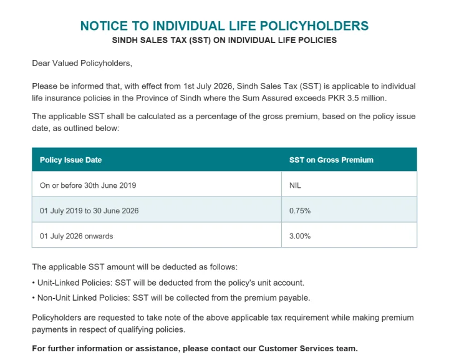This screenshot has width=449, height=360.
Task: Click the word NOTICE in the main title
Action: [104, 26]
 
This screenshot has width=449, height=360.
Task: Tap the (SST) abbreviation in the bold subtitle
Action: [200, 40]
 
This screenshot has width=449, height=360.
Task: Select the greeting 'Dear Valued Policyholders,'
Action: [82, 63]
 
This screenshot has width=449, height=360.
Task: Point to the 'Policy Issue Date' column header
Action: [70, 160]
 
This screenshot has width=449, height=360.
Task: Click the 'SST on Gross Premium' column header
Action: [331, 160]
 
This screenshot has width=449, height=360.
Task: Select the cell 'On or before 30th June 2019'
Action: [88, 185]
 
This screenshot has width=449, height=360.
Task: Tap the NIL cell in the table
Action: [295, 185]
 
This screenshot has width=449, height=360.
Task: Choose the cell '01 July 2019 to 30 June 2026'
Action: [89, 211]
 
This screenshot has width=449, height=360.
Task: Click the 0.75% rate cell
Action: [300, 211]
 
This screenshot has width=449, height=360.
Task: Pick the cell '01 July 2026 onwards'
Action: [77, 236]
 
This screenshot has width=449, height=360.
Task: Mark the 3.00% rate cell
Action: [300, 236]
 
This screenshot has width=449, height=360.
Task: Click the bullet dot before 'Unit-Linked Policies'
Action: [34, 283]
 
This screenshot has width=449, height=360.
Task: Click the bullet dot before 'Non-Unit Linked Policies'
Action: [34, 298]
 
